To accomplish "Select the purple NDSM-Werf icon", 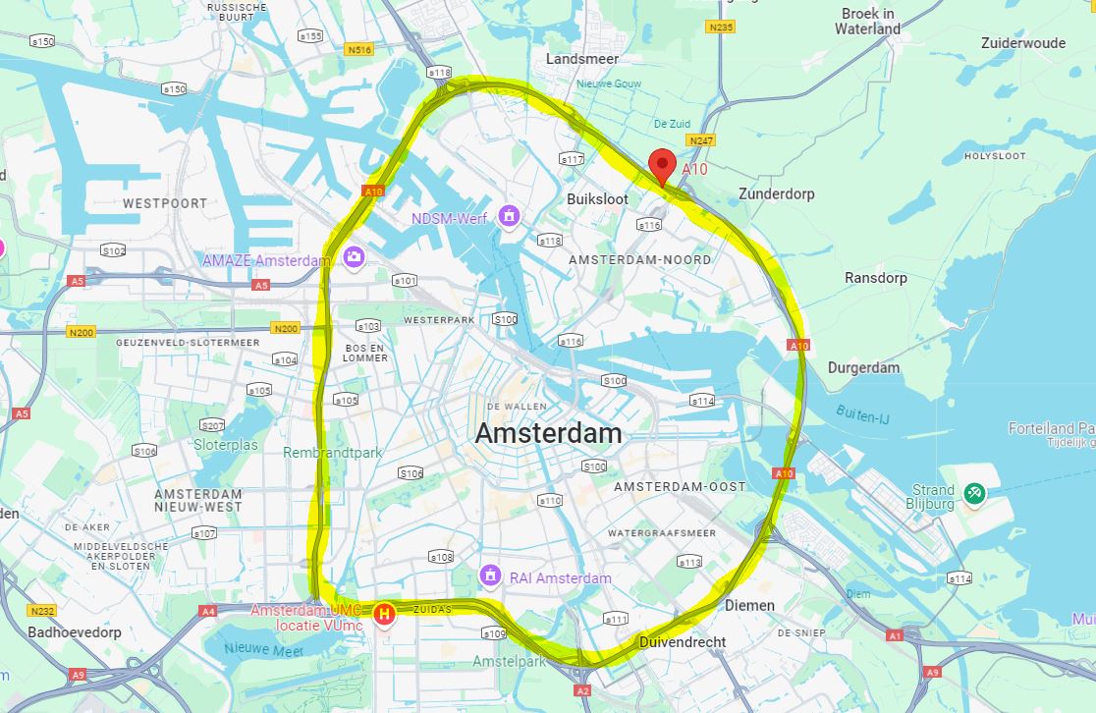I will [x=509, y=215].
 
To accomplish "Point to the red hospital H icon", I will [x=384, y=615].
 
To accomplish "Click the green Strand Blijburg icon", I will [x=974, y=493].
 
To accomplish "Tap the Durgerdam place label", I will [x=863, y=367].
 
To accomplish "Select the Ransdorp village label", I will [x=876, y=278].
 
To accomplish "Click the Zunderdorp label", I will [x=777, y=193].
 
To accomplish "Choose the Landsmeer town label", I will [x=582, y=59].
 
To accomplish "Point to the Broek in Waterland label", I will [x=867, y=22].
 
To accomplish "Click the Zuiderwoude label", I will [x=1022, y=43].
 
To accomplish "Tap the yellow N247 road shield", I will [x=701, y=141].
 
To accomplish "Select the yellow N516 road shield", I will [x=358, y=48].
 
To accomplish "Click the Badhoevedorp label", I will [x=75, y=632].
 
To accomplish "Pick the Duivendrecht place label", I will [x=682, y=642].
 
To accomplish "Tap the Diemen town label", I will [x=749, y=605].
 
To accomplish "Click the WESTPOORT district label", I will [x=165, y=203].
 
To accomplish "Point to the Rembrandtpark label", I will [x=333, y=453].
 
